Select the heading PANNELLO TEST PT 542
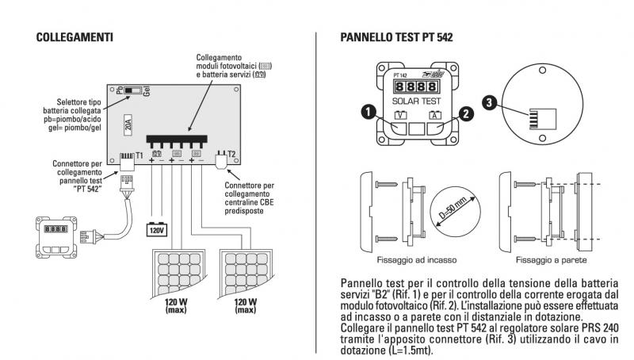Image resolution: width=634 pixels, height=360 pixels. tap(395, 36)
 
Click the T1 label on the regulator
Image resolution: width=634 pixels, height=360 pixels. tap(139, 155)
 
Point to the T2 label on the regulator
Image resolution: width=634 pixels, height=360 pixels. tap(231, 155)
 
